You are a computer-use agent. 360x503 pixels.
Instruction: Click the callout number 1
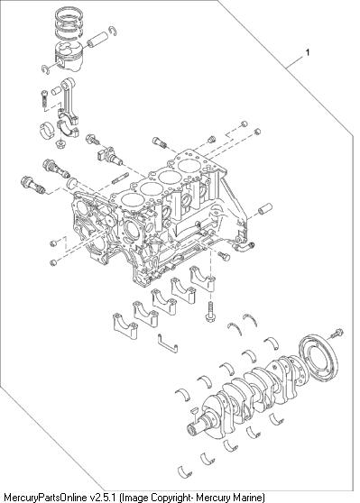[308, 52]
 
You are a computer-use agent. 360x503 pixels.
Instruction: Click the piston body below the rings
[69, 56]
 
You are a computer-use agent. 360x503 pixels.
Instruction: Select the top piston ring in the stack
[69, 14]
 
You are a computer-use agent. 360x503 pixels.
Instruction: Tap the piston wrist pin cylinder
[97, 40]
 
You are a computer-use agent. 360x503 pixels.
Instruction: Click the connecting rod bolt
[45, 99]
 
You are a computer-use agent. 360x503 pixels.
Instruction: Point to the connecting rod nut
[60, 143]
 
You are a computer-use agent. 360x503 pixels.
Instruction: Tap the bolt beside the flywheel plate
[337, 334]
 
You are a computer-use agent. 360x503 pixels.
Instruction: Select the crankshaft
[248, 398]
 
